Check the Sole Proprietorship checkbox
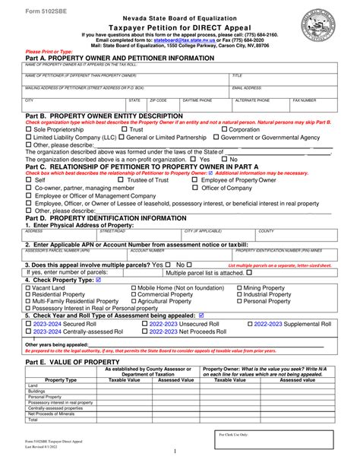coord(29,130)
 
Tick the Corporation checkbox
coord(223,130)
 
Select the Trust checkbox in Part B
coord(124,130)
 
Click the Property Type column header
coord(55,379)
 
